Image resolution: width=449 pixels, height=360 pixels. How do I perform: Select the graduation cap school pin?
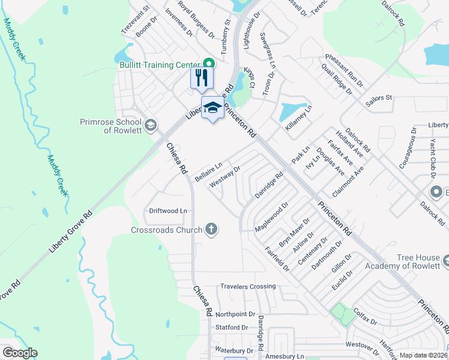211,108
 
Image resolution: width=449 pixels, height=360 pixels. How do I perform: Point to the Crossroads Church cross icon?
211,229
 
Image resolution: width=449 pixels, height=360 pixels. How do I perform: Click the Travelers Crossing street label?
247,287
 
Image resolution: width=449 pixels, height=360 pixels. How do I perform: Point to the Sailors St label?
379,97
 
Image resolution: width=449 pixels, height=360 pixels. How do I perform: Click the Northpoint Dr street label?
235,314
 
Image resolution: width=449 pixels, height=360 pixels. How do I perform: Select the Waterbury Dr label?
234,350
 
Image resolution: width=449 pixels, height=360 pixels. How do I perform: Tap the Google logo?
19,353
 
